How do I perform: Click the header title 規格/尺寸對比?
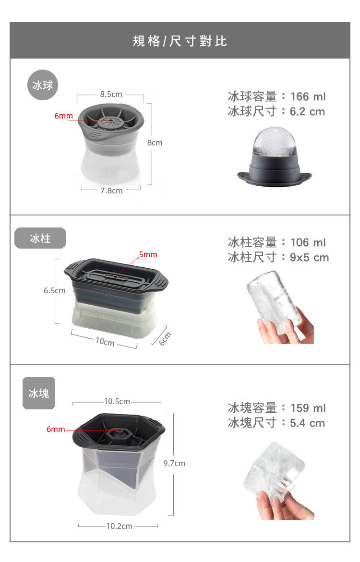[180, 41]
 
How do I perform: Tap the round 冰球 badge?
[43, 85]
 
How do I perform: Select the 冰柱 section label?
[40, 238]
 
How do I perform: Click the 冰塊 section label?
[39, 393]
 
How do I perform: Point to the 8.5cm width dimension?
[111, 94]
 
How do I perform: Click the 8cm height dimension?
[155, 143]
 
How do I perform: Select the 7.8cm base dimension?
[111, 191]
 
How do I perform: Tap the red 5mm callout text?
[148, 254]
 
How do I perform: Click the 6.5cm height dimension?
[55, 290]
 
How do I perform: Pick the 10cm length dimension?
[105, 342]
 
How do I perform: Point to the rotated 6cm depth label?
[165, 339]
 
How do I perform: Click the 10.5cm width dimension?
[117, 401]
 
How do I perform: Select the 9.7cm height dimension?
[174, 463]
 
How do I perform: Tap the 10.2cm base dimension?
[120, 526]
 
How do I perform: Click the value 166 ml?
[308, 96]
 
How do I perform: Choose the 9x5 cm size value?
[310, 257]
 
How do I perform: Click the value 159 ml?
[308, 408]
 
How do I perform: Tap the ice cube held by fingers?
[274, 471]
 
